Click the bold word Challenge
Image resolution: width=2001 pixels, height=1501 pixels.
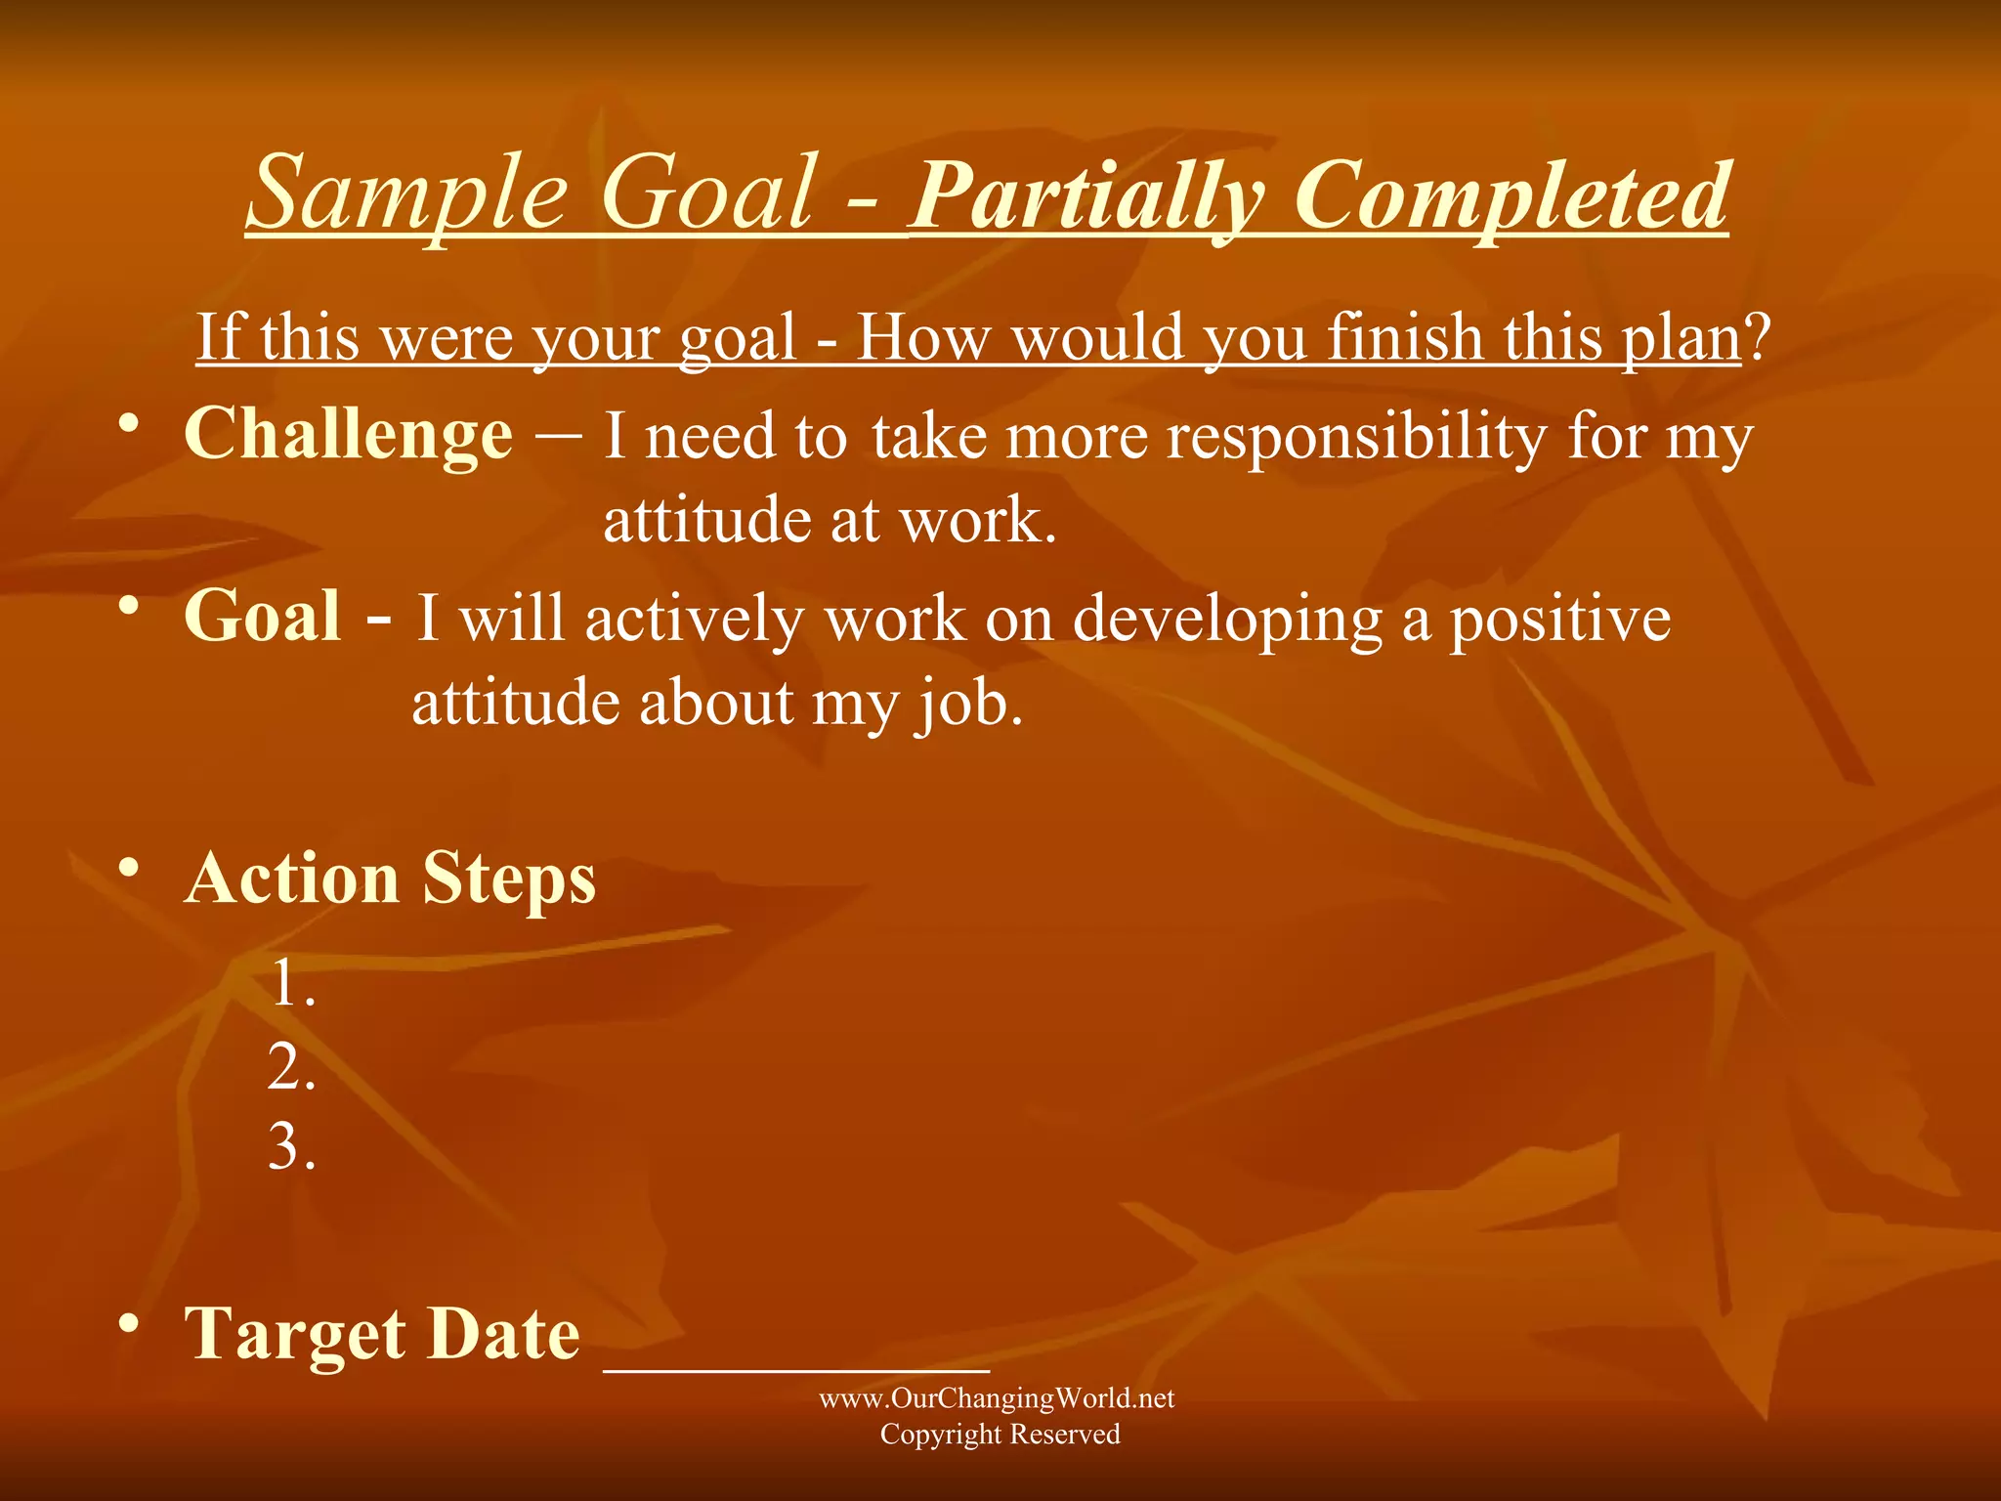[x=348, y=434]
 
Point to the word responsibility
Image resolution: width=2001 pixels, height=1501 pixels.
[x=1357, y=436]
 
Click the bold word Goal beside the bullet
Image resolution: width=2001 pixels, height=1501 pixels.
[x=263, y=617]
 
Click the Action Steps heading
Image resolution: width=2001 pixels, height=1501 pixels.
[x=390, y=878]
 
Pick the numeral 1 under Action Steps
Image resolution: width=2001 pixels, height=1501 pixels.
[x=284, y=983]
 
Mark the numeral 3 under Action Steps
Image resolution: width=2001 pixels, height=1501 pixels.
[x=284, y=1146]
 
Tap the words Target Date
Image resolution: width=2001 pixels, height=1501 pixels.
[x=382, y=1334]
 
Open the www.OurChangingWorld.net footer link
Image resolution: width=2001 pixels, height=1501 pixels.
[x=997, y=1398]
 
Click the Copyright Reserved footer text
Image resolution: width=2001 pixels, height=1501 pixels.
[x=1000, y=1435]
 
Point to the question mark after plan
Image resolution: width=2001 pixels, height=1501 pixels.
[x=1758, y=337]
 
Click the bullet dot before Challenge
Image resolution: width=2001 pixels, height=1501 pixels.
[x=127, y=424]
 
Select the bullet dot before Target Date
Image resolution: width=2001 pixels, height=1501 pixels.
[x=127, y=1324]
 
